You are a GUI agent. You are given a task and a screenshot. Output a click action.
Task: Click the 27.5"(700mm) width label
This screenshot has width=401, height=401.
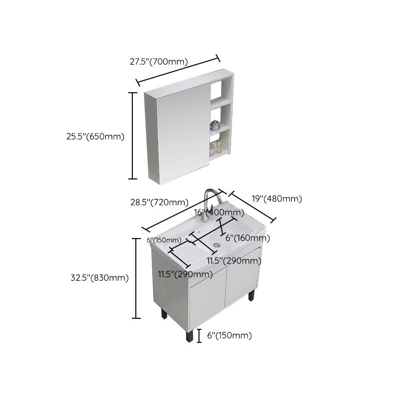pos(158,62)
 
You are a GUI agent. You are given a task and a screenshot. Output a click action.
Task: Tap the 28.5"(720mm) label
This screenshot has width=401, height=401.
pos(159,203)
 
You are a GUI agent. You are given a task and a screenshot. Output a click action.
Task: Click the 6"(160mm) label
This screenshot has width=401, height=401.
pos(245,238)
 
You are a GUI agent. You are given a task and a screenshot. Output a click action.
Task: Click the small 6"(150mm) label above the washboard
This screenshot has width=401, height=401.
pos(164,240)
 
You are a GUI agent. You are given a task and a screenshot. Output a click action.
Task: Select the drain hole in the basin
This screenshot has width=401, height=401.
pos(217,245)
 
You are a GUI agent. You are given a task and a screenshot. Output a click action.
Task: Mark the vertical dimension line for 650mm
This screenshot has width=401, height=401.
pos(133,135)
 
